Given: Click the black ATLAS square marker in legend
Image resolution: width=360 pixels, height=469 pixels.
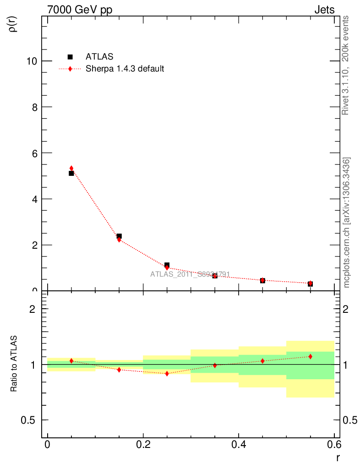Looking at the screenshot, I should pos(70,57).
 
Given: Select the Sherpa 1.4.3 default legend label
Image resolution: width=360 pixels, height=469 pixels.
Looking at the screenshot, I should pos(125,69).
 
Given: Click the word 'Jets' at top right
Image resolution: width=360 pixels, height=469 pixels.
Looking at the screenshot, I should pos(324,10).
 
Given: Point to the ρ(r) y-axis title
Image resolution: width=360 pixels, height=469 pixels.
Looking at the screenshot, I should pos(13,24).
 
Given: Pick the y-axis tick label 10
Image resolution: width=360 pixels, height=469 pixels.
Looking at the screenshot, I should pos(31,61).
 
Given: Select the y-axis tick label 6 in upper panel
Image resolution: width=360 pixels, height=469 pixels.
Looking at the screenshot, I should pos(34,153).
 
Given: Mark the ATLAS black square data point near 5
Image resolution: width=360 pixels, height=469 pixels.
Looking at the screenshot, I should pos(71,173).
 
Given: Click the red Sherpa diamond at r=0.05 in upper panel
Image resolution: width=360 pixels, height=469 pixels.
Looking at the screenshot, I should pos(71,168).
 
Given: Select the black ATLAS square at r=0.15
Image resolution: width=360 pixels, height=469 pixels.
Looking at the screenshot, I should pos(119,236).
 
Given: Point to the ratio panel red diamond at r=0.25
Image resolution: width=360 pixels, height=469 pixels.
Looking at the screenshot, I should pos(167,373).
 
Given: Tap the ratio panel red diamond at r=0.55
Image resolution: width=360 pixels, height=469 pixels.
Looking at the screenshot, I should pos(310,356).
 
